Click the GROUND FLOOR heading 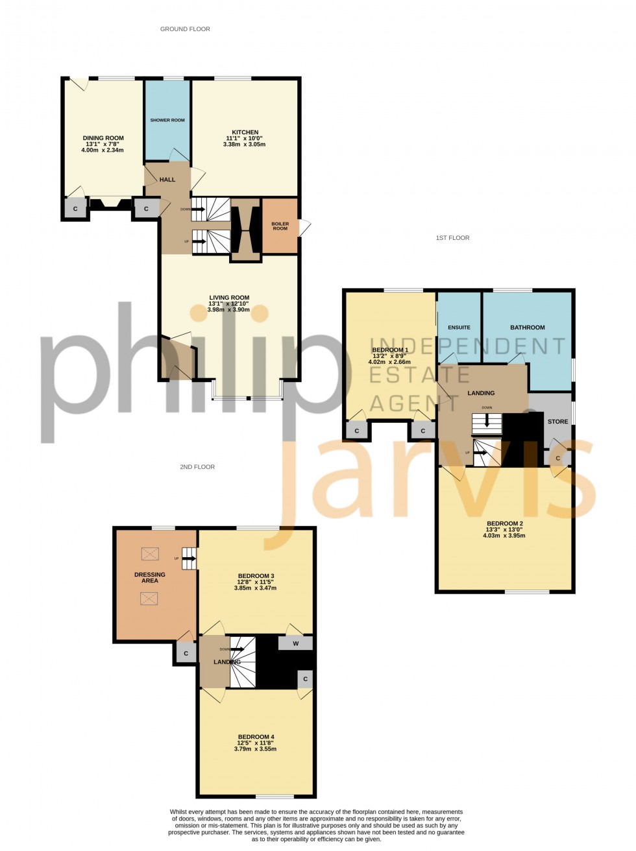185,29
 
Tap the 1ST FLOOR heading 452,238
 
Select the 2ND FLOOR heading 197,467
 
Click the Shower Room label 167,120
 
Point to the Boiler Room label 280,226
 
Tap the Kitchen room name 245,132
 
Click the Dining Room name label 103,138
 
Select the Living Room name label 228,298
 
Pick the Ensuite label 459,328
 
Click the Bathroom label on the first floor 527,328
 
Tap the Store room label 557,422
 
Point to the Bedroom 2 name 504,523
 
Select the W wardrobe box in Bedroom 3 295,643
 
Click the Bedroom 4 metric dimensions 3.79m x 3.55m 255,749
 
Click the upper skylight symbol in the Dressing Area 150,554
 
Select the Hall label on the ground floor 167,180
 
